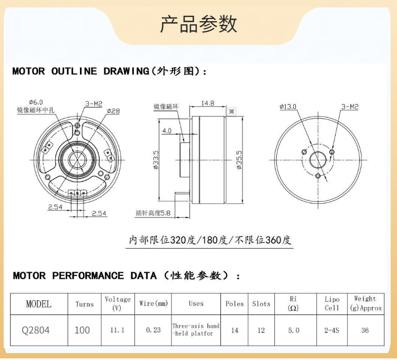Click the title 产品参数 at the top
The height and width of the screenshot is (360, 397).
click(x=198, y=24)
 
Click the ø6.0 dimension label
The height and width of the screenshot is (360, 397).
click(x=36, y=102)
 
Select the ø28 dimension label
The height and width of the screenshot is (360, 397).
click(x=114, y=111)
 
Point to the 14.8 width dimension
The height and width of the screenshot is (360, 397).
click(x=207, y=103)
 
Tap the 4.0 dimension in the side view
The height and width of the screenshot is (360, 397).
click(x=167, y=130)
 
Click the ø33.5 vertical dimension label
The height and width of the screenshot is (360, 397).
click(x=156, y=159)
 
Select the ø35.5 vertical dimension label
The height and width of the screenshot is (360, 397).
click(x=239, y=159)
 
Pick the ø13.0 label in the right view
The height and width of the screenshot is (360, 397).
click(x=288, y=106)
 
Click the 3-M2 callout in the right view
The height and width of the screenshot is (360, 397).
click(x=349, y=106)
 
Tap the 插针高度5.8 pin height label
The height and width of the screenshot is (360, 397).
click(x=153, y=213)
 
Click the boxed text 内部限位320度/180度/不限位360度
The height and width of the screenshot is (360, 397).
click(x=211, y=240)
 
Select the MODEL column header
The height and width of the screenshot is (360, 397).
click(x=39, y=304)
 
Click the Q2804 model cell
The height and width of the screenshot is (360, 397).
click(x=36, y=330)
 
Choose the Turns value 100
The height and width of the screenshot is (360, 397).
click(x=82, y=330)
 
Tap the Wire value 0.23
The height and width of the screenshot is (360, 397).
click(x=153, y=330)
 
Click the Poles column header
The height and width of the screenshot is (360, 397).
click(x=234, y=304)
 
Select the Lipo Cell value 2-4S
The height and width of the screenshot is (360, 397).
click(x=332, y=330)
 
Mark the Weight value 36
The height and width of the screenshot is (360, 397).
click(x=365, y=330)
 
